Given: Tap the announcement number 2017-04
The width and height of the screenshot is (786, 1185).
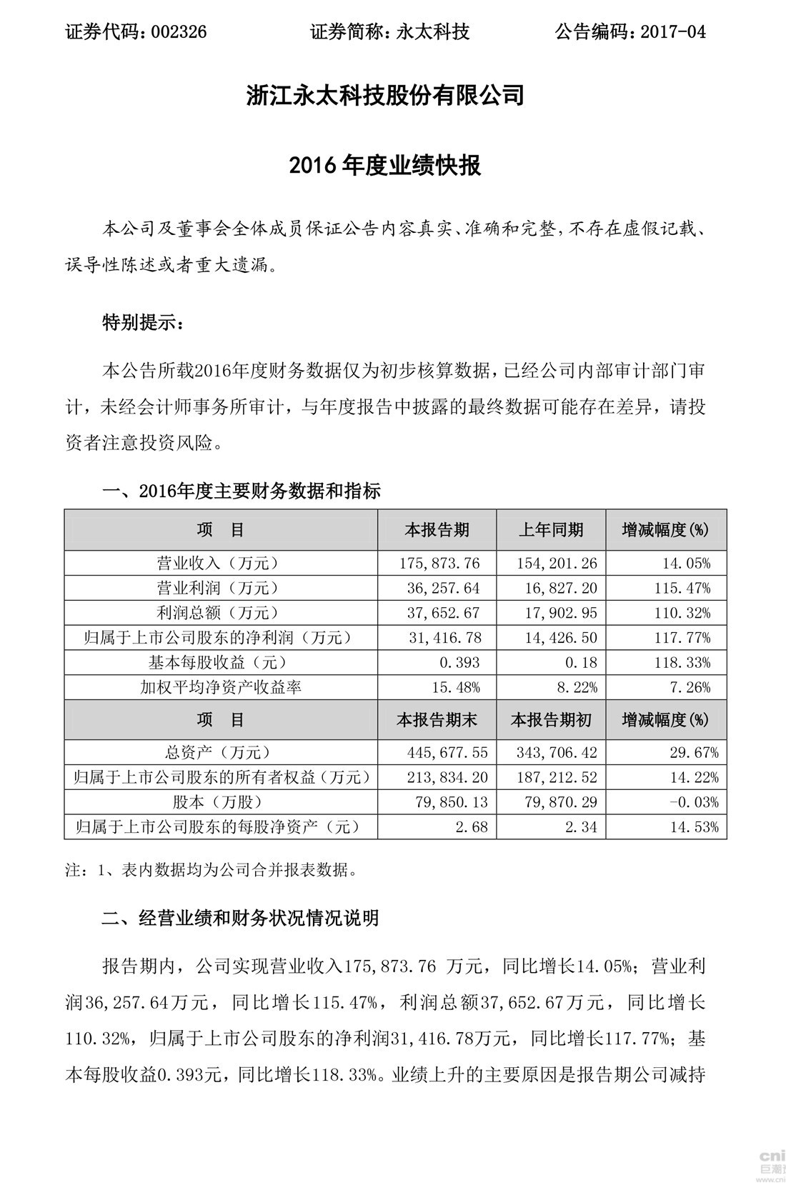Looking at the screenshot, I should tap(674, 31).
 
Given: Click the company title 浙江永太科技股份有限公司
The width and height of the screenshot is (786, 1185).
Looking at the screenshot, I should tap(385, 95).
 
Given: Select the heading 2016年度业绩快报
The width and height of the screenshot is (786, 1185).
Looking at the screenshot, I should tap(385, 166).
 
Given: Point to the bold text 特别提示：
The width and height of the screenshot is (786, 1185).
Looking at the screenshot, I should tap(143, 323).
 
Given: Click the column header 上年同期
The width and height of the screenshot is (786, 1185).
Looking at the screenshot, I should tap(550, 530).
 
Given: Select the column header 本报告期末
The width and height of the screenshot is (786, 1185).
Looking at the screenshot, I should tap(436, 720).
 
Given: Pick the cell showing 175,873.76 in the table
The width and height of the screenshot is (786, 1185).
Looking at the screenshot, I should tap(439, 564).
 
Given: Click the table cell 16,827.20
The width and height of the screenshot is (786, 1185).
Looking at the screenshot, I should tap(557, 589).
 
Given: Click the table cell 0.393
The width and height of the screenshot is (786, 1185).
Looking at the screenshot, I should tap(461, 662).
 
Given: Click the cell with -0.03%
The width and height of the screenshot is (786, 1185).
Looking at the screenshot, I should tap(694, 802).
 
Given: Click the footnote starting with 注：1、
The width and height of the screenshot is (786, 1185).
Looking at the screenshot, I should tap(211, 870).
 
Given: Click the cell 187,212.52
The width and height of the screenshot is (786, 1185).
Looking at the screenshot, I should tap(557, 777).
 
